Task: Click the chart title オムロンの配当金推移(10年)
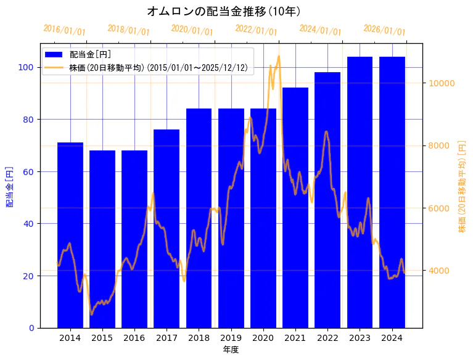[x=224, y=11]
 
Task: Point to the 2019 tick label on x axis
[x=231, y=338]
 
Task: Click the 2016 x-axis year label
[x=134, y=338]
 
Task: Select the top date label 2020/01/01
[x=192, y=30]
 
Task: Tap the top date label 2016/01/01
[x=64, y=30]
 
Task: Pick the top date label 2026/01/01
[x=385, y=30]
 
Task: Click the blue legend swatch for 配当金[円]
[x=54, y=55]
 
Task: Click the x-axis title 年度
[x=231, y=350]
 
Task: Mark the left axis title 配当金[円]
[x=9, y=186]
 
